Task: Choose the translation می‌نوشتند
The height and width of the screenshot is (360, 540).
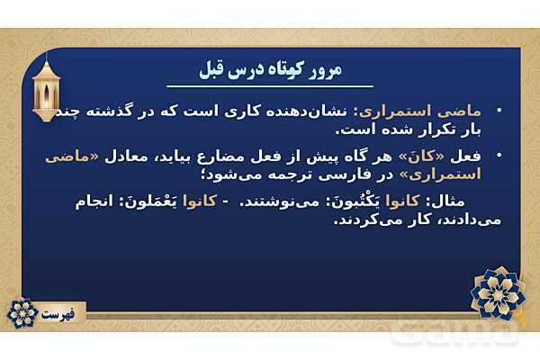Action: coord(288,201)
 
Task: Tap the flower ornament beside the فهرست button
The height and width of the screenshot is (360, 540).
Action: coord(20,313)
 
